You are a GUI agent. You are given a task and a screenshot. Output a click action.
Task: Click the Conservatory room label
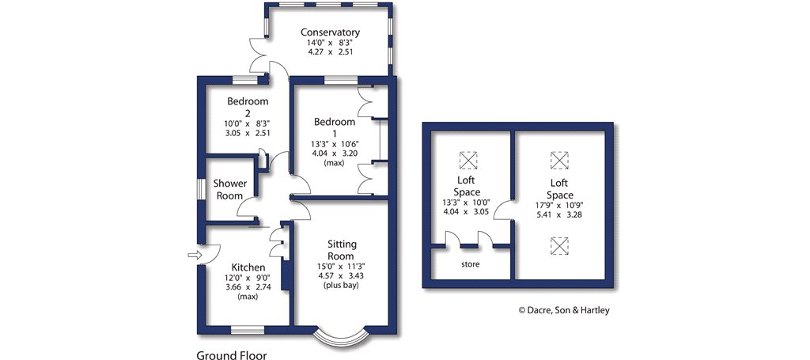(330, 32)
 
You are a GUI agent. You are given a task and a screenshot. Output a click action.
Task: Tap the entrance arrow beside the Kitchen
(193, 255)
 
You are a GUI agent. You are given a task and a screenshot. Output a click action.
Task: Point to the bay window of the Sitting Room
(342, 335)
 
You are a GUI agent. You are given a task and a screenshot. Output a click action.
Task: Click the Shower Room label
(230, 189)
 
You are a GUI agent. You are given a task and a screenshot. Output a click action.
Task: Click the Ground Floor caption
(232, 355)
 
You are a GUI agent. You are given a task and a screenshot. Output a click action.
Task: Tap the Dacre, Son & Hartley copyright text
(564, 310)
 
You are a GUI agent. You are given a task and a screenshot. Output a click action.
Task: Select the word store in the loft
(471, 263)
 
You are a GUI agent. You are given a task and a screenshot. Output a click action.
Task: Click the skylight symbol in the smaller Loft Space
(468, 160)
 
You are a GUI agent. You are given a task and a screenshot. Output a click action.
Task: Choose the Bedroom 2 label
(248, 107)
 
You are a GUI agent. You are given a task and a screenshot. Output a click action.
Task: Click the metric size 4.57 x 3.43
(342, 275)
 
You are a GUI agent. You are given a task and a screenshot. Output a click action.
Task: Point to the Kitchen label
(248, 267)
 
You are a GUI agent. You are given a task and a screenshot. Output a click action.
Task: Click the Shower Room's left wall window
(201, 190)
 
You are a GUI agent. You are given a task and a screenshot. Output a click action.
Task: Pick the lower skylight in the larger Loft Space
(560, 246)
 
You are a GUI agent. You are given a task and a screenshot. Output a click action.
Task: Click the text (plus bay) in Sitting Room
(342, 285)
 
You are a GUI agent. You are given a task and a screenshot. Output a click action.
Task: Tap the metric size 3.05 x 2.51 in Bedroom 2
(248, 133)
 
